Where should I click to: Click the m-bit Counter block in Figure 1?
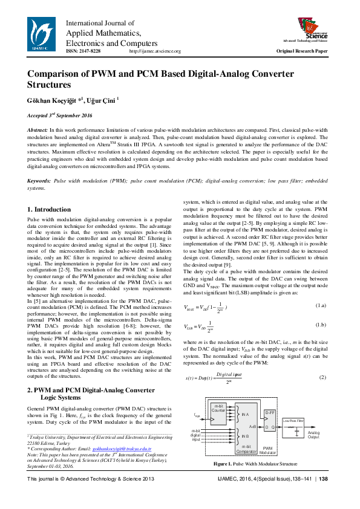218,410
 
